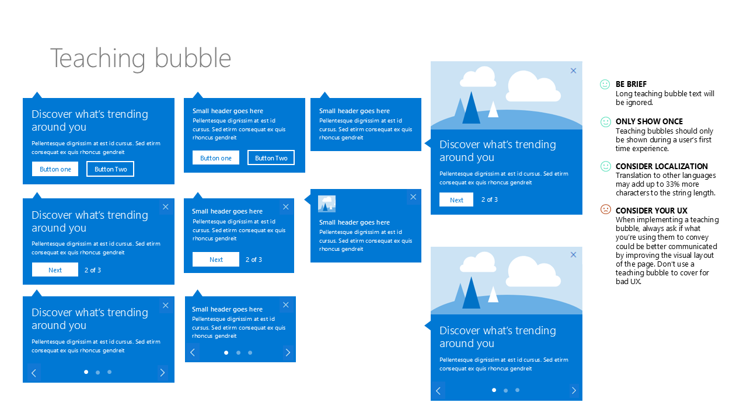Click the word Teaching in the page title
(x=97, y=59)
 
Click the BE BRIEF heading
(x=631, y=84)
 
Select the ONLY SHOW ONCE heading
(x=649, y=121)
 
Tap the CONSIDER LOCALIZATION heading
(x=661, y=166)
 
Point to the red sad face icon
(x=605, y=209)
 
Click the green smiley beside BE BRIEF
(x=605, y=85)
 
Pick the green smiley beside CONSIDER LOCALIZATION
(x=605, y=166)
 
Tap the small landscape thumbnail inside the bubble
(x=326, y=204)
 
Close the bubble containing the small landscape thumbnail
(x=413, y=197)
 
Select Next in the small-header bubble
(x=216, y=260)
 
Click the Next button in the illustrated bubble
(x=456, y=199)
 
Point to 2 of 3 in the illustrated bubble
(x=489, y=199)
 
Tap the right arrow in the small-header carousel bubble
(x=288, y=352)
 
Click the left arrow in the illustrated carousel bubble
(x=438, y=391)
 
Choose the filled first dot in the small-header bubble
(x=226, y=353)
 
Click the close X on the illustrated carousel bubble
(x=573, y=255)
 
